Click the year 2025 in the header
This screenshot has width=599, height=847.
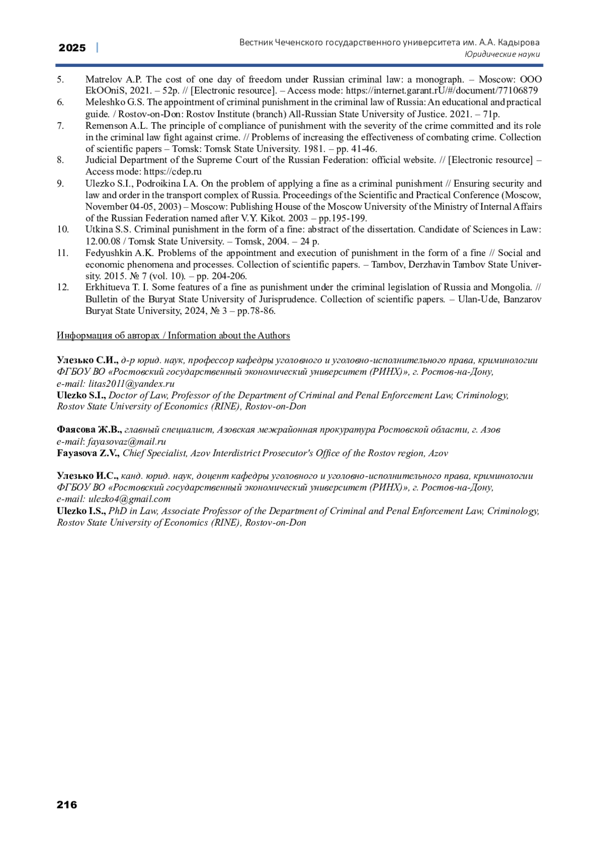[x=72, y=48]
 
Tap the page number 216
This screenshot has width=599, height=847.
[x=67, y=804]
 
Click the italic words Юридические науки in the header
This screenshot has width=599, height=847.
[x=502, y=54]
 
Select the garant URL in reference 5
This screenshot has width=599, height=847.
[x=442, y=91]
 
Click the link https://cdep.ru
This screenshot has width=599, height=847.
[x=173, y=172]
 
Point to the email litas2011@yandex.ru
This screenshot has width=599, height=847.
[x=131, y=384]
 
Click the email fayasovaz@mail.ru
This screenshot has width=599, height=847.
[x=127, y=441]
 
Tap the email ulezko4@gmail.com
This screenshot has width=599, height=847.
[x=129, y=499]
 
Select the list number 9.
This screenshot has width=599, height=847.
[x=60, y=184]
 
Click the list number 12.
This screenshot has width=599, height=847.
[x=62, y=287]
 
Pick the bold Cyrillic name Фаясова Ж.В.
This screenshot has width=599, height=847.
[x=89, y=430]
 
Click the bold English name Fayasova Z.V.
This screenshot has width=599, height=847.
[x=88, y=453]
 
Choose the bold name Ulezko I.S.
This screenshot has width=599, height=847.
[x=81, y=511]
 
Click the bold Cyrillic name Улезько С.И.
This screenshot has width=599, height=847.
[x=87, y=360]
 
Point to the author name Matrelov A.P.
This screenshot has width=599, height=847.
[x=114, y=79]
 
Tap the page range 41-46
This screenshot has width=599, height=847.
[x=363, y=149]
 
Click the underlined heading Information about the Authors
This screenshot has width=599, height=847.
[x=229, y=335]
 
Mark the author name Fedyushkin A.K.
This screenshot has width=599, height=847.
[x=119, y=253]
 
